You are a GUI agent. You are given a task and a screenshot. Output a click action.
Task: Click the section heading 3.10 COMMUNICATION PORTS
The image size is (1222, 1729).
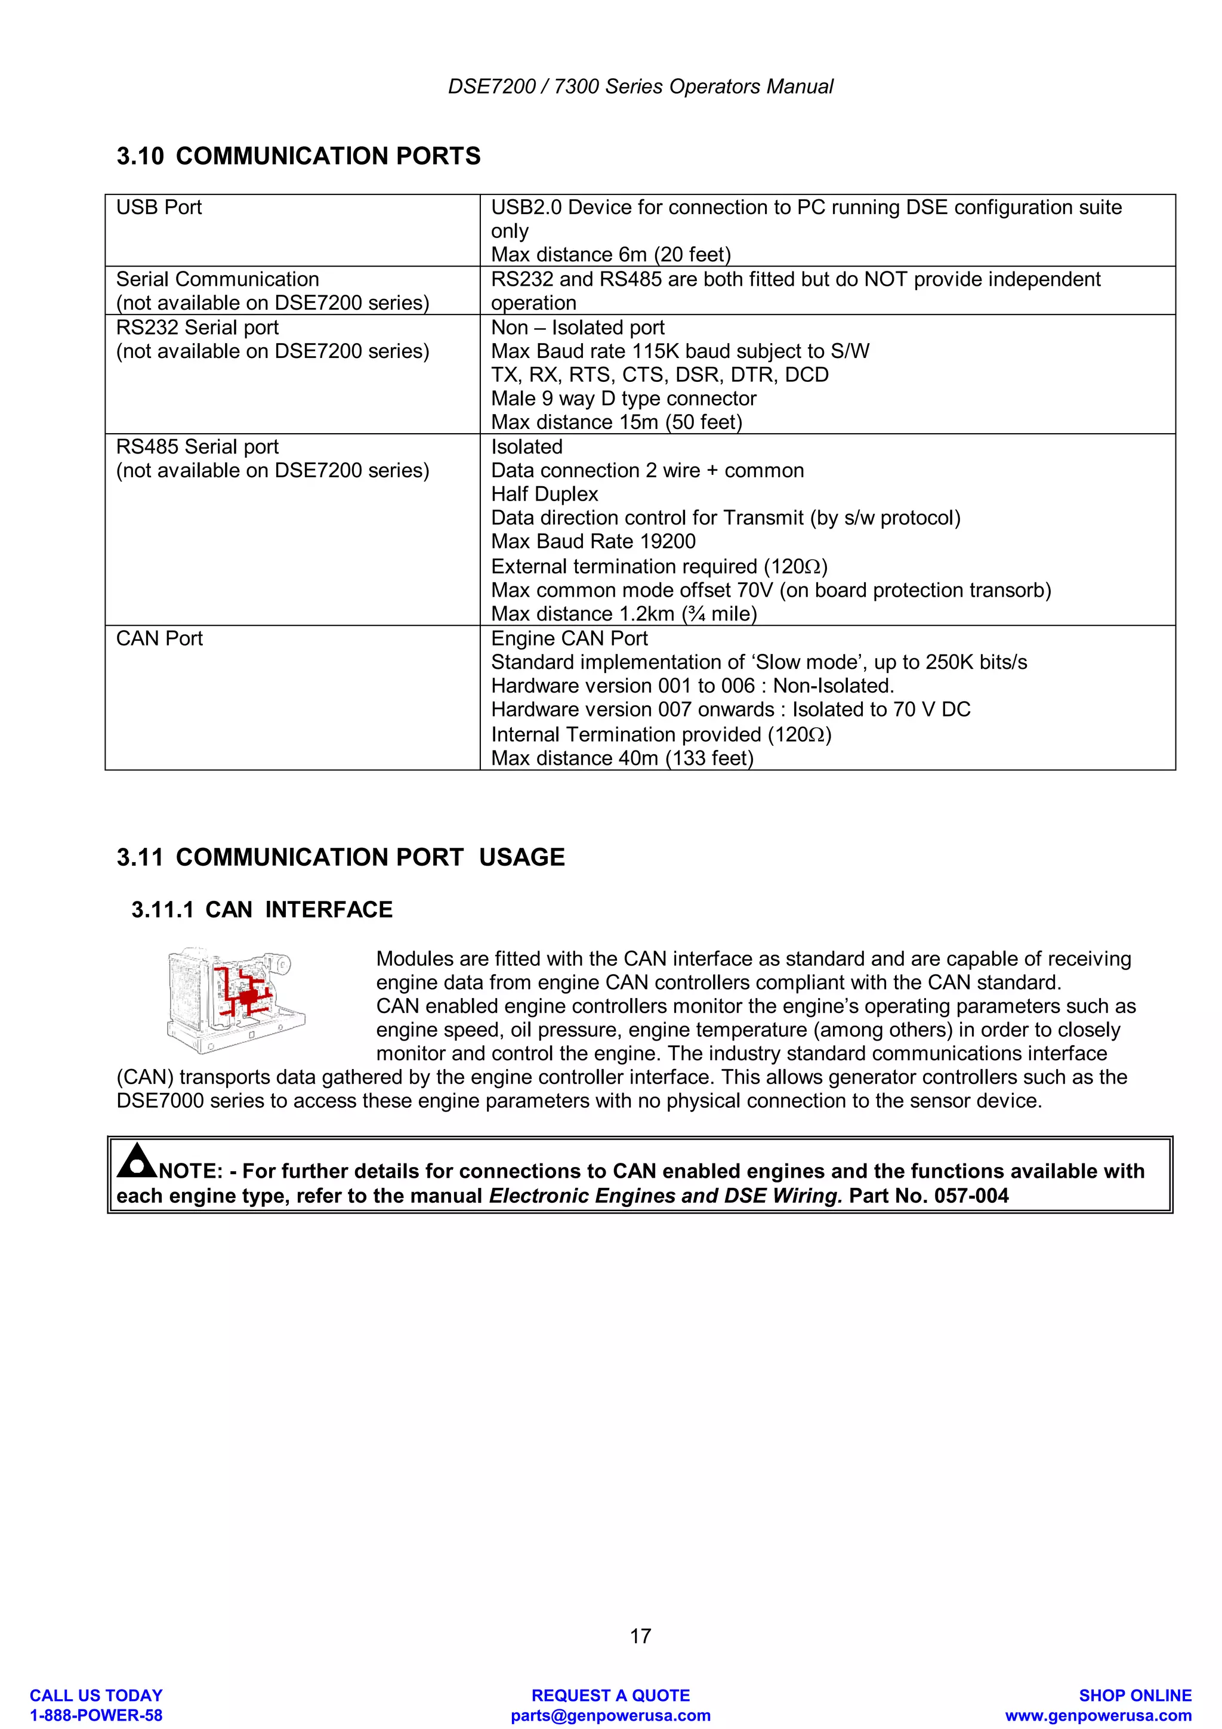point(298,156)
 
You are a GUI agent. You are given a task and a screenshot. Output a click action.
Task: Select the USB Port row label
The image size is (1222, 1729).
point(159,207)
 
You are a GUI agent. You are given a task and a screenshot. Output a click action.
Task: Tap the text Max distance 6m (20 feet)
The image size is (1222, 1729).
point(610,255)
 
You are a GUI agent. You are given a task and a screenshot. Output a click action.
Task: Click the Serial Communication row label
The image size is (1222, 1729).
point(218,279)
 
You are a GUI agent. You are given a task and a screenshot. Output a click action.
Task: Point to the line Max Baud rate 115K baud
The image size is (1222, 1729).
point(680,351)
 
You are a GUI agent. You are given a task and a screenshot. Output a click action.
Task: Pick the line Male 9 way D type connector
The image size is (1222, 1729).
point(624,399)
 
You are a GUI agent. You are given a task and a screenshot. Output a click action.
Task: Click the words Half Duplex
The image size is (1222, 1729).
point(544,494)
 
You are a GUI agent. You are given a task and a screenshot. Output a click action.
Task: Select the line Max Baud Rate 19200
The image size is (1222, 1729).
point(593,542)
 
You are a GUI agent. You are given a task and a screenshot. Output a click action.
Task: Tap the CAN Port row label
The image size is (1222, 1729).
point(160,638)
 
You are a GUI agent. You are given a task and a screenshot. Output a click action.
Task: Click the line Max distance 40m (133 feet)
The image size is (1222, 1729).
point(622,758)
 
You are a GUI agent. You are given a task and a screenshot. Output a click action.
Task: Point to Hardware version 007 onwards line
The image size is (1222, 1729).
point(730,709)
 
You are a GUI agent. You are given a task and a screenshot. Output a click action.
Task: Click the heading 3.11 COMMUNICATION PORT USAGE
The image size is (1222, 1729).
point(340,857)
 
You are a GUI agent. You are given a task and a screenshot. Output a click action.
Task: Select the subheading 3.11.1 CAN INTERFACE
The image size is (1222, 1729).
point(262,910)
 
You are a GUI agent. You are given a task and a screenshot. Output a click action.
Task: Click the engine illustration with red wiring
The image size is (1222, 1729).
point(236,1000)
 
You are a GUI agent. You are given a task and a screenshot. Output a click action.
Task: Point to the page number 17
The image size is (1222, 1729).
point(640,1635)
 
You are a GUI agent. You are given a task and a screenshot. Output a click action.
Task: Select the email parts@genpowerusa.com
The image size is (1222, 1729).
point(610,1715)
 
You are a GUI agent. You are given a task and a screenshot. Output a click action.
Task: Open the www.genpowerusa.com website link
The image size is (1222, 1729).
point(1098,1715)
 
